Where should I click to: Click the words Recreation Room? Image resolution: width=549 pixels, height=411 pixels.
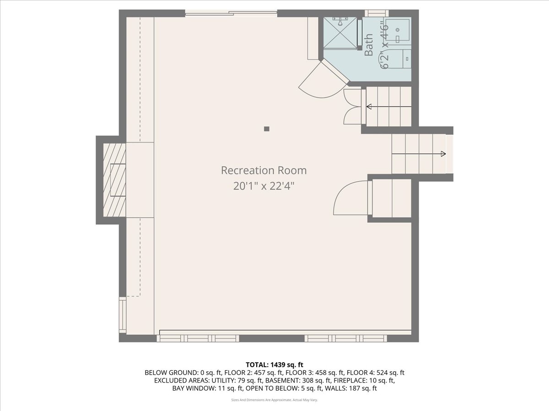point(264,170)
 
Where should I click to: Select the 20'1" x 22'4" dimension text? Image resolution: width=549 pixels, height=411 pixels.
point(264,186)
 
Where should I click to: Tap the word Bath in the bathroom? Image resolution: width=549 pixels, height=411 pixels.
point(369,45)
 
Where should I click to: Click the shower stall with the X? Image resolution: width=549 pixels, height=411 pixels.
point(339,33)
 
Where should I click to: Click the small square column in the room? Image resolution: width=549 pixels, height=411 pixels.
point(267,129)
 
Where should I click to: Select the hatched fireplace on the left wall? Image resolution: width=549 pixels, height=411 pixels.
point(114,179)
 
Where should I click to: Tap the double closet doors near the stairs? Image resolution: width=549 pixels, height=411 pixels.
point(352,106)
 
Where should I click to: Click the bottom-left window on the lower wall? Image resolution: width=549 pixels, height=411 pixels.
point(198,338)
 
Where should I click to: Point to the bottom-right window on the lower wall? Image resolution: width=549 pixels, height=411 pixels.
point(346,338)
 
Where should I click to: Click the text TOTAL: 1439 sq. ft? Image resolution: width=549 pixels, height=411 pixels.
point(274,364)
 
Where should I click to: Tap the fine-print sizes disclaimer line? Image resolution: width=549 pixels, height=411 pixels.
point(274,400)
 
